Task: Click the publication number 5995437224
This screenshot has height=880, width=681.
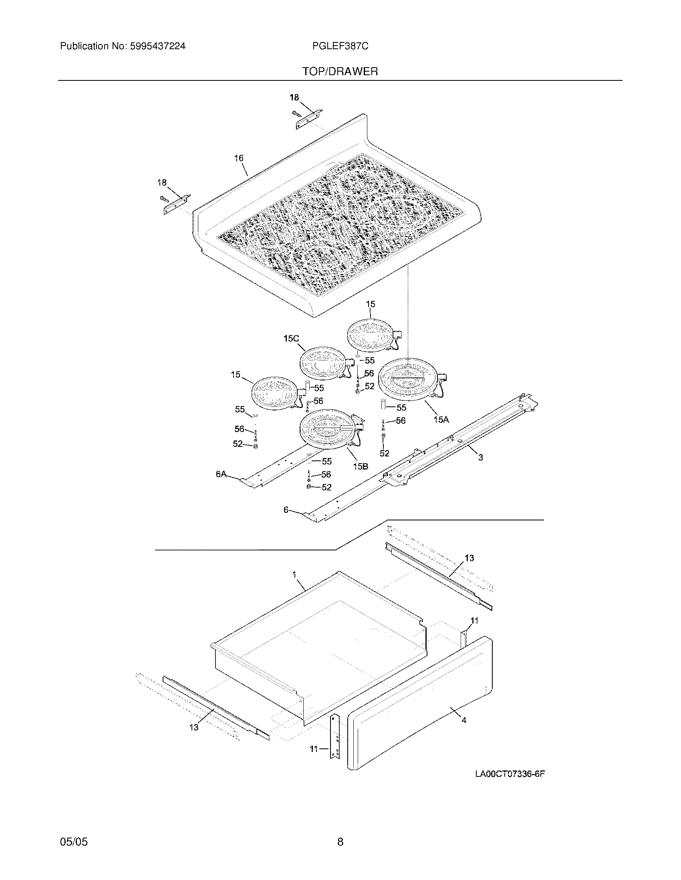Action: point(157,46)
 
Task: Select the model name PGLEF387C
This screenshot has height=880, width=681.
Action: point(340,46)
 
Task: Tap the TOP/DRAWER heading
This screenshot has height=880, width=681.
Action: point(340,72)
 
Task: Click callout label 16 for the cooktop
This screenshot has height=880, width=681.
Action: point(239,158)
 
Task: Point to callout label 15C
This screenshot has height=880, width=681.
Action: point(291,338)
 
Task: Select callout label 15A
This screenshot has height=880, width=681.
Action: point(441,420)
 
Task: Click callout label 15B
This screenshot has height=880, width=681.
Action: point(361,466)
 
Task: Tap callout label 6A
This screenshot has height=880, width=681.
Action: point(221,474)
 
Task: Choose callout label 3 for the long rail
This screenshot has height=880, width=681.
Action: point(480,457)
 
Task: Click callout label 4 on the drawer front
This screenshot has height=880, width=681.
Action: point(464,720)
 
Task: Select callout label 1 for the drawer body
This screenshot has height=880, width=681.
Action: point(294,574)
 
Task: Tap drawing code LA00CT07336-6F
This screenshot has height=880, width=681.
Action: point(510,774)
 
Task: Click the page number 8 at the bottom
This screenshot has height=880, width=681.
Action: point(340,842)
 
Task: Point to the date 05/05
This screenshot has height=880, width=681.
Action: point(74,842)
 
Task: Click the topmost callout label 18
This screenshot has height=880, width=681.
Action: point(294,97)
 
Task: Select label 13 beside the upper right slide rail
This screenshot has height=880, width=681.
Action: point(469,558)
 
